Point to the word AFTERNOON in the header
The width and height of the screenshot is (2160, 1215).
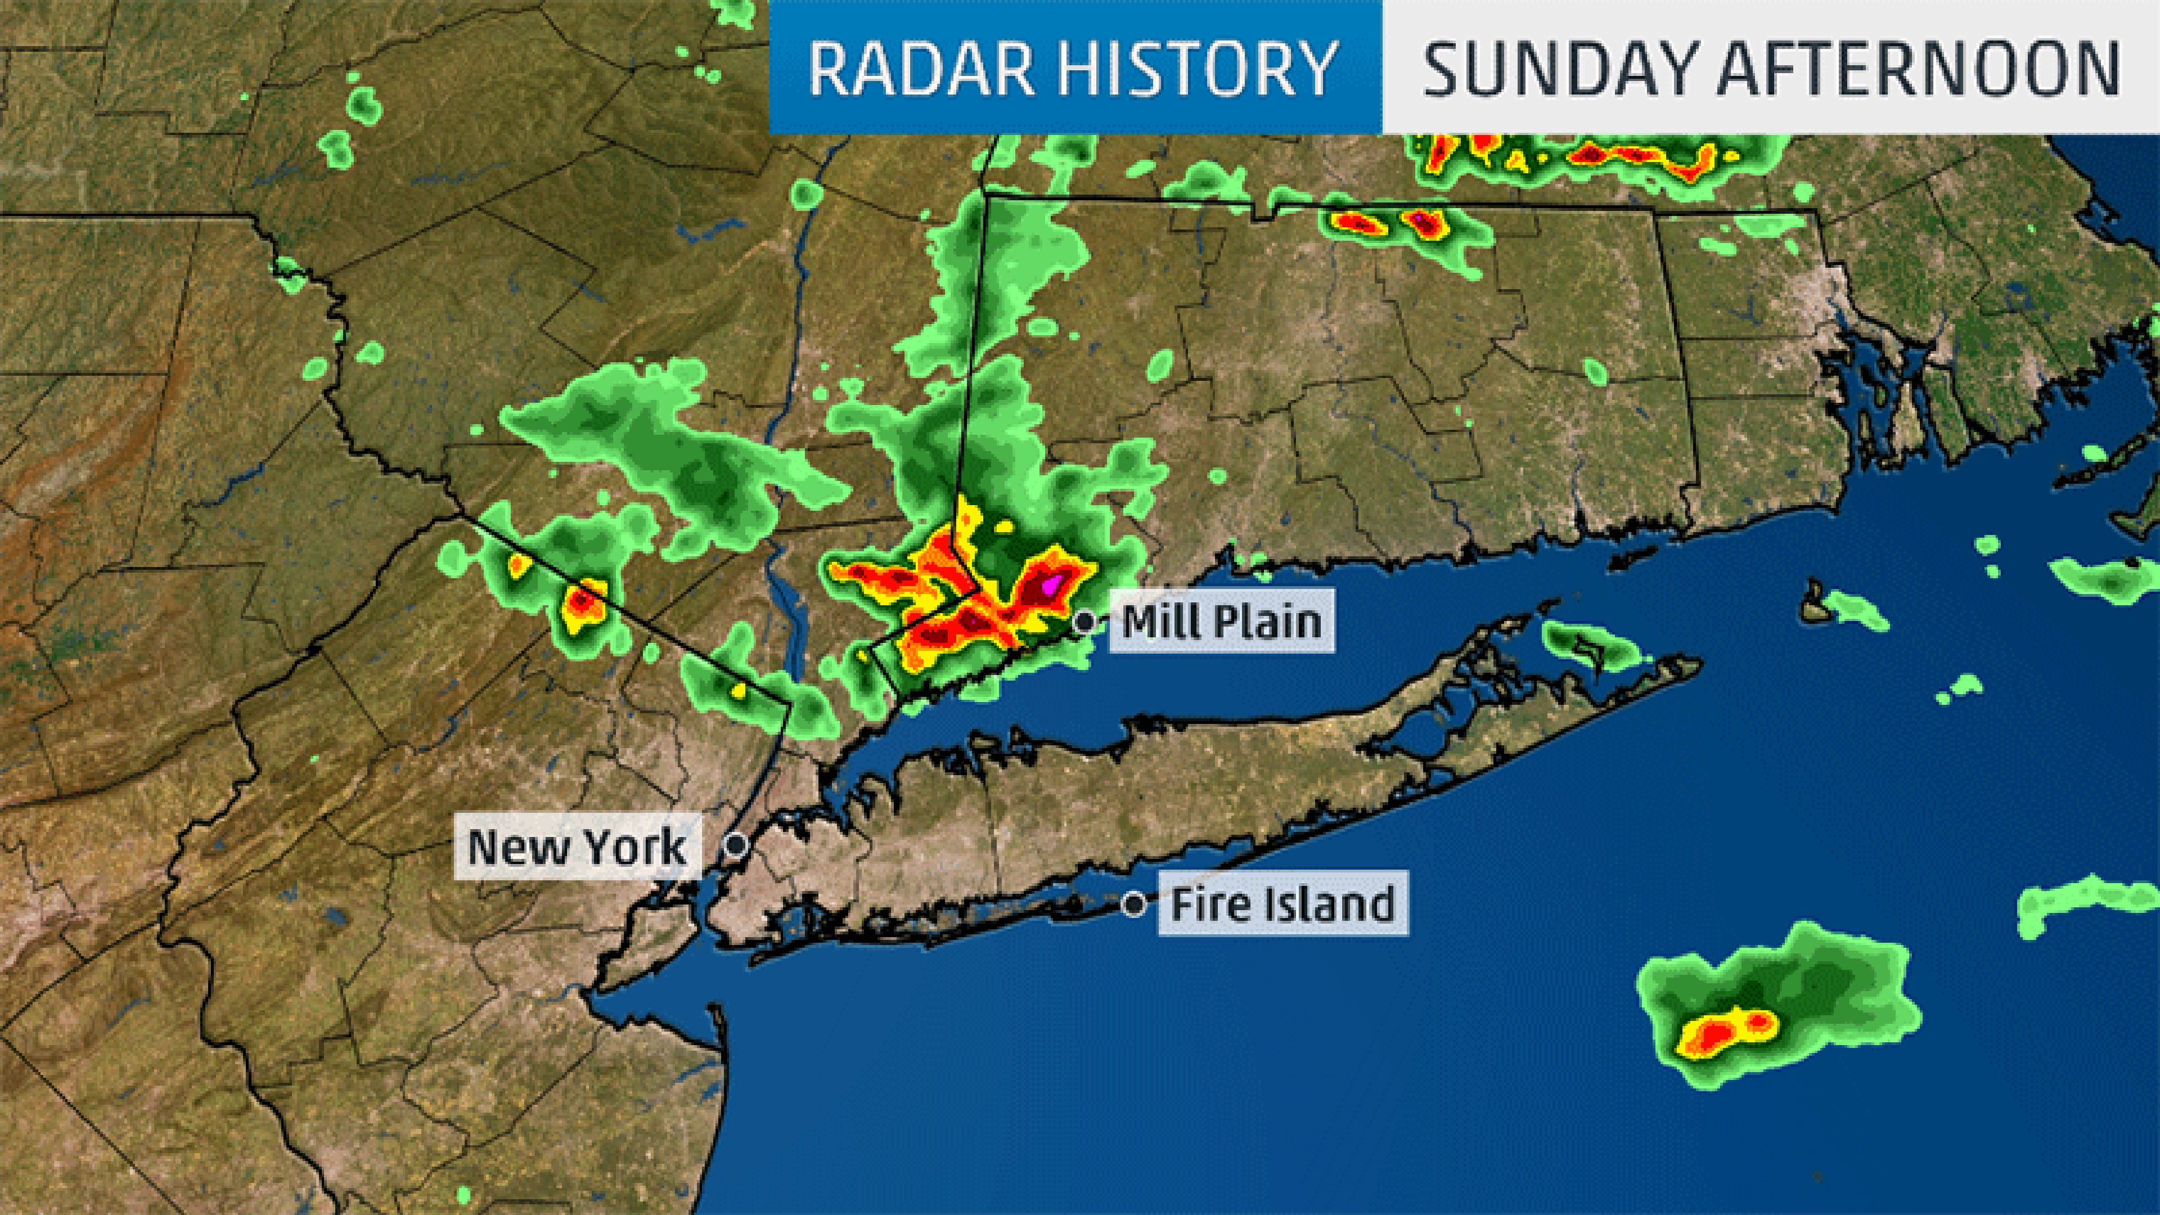1920,68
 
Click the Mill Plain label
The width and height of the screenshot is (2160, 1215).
1222,622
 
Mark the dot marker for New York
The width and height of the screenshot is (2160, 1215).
736,845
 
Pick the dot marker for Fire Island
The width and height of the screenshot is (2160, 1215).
1135,904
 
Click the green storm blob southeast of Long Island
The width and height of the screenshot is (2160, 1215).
1777,1006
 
